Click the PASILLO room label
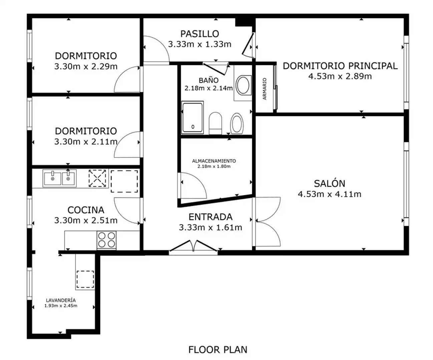(200, 34)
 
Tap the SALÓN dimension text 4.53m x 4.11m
(330, 194)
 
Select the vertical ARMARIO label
(265, 89)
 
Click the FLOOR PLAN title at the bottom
(218, 350)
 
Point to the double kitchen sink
(59, 178)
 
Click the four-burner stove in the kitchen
(107, 240)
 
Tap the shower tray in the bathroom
(192, 117)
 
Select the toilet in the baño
(215, 123)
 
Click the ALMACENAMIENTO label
(214, 161)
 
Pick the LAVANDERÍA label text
(61, 300)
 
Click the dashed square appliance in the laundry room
(85, 279)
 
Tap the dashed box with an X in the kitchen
(97, 178)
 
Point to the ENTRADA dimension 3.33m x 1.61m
(210, 228)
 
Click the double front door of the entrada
(193, 247)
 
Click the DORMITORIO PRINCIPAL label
(340, 66)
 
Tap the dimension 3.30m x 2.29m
(86, 67)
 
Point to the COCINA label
(86, 210)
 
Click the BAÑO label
(208, 80)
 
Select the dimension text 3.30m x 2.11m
(86, 142)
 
